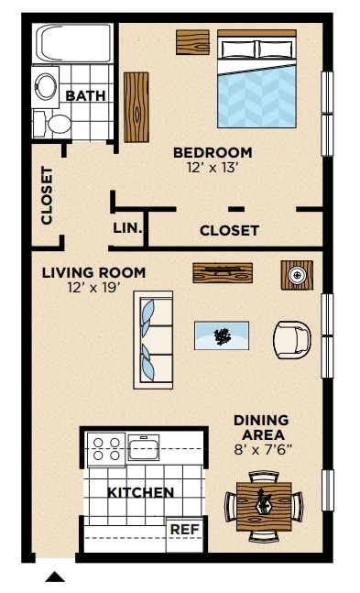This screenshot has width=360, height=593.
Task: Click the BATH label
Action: point(85,95)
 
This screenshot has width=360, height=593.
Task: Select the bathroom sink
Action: point(46,85)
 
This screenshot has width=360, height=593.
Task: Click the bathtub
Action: point(73,44)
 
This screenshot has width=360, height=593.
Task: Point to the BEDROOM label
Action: point(213,152)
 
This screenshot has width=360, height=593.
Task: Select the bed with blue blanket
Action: point(256,80)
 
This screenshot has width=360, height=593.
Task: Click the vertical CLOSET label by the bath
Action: point(47,195)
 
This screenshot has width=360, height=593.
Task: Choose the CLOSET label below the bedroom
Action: point(229,231)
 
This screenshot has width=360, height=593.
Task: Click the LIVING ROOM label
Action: point(93,272)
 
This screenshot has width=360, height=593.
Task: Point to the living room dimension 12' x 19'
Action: point(93,287)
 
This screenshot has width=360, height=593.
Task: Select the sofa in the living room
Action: point(154,339)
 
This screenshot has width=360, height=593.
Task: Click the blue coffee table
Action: point(221,335)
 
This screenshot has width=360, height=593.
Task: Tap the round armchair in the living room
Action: point(293,340)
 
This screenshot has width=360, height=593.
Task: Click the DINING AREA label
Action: point(260,427)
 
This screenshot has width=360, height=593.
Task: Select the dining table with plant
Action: point(264,505)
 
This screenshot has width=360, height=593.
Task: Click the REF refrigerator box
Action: point(184,530)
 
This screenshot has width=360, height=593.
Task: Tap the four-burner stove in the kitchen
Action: point(105,450)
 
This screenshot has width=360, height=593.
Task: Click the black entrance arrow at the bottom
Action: point(55,577)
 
